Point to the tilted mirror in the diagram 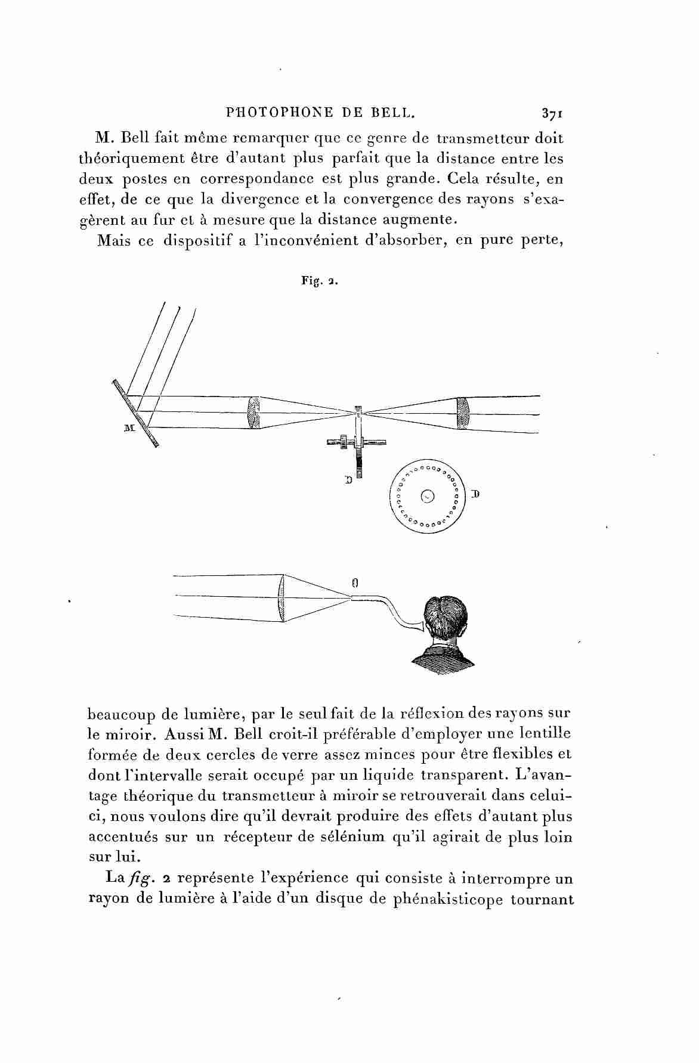coord(136,413)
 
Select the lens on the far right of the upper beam coord(463,413)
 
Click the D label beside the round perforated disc coord(475,494)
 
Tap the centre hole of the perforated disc coord(427,495)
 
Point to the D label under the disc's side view coord(348,478)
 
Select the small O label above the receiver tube coord(354,584)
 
